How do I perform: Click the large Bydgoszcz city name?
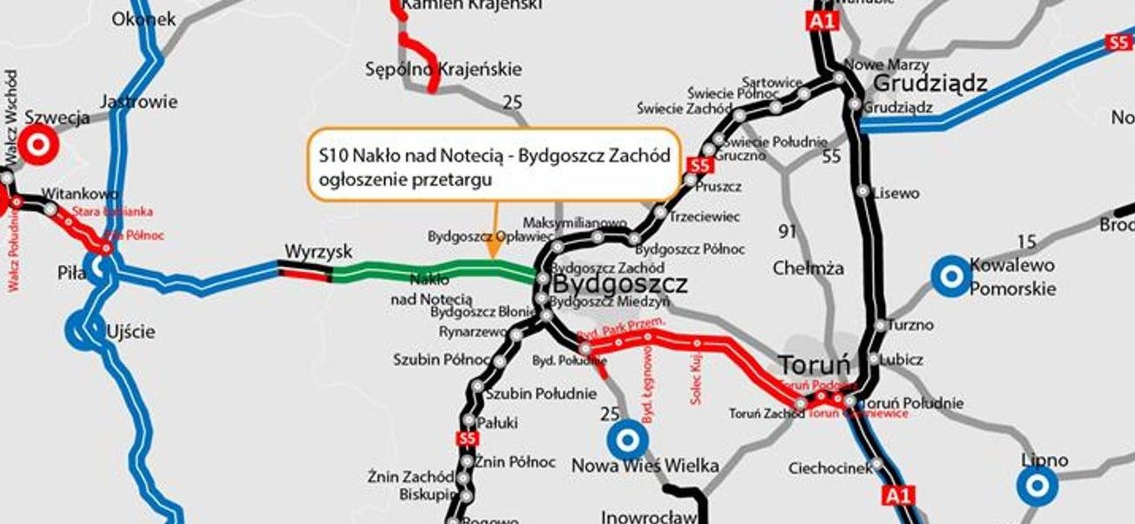(x=620, y=284)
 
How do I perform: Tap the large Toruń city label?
(x=814, y=365)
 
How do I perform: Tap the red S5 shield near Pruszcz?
(x=699, y=165)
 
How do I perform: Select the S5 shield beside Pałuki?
(x=467, y=439)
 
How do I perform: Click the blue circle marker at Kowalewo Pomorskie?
(x=951, y=276)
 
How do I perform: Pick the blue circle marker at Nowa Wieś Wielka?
(x=628, y=440)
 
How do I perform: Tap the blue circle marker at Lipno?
(x=1037, y=486)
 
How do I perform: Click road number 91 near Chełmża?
(x=787, y=231)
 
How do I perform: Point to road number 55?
(x=831, y=157)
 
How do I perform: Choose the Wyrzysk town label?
(x=318, y=252)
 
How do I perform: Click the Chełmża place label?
(x=808, y=268)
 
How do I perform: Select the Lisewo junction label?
(x=896, y=193)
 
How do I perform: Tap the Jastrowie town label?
(x=139, y=102)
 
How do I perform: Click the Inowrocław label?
(x=648, y=517)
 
